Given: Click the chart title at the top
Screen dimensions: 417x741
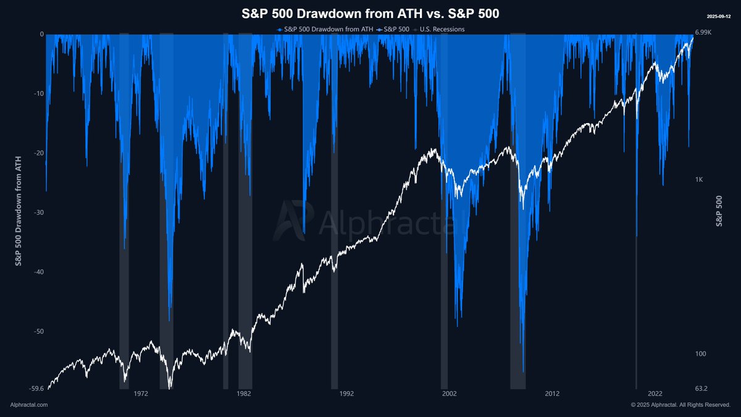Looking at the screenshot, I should click(x=370, y=14).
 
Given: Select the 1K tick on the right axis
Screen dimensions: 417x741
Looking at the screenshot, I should click(x=700, y=180).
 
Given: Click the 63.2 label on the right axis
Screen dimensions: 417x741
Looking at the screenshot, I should click(x=702, y=389).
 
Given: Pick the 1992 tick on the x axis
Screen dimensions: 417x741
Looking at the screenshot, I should click(x=346, y=394).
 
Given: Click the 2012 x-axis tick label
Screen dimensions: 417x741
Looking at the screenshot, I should click(x=552, y=394).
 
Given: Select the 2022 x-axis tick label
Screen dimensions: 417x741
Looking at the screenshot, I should click(x=655, y=394).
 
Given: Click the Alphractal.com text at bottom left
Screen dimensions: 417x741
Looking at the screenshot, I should click(x=29, y=405).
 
